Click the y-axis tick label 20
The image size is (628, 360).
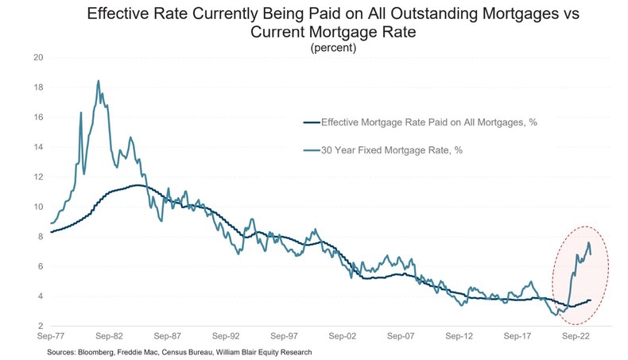coord(37,57)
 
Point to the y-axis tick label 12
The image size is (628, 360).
coord(37,176)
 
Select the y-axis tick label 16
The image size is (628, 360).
coord(37,117)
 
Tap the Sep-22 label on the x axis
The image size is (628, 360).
coord(576,337)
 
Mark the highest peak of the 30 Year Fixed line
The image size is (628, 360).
coord(98,80)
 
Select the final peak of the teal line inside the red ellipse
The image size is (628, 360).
coord(588,242)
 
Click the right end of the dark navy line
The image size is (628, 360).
coord(591,300)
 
